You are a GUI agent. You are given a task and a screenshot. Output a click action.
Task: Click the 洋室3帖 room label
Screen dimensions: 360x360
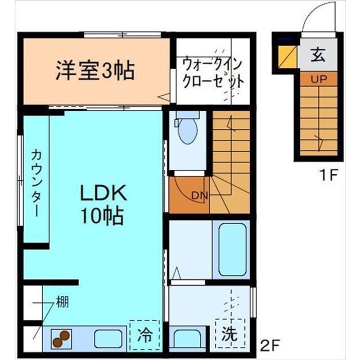pyautogui.click(x=95, y=70)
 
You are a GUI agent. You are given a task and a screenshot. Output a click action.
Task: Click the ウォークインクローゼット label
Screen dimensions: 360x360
pyautogui.click(x=213, y=72)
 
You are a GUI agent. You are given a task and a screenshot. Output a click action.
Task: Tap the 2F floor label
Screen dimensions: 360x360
pyautogui.click(x=270, y=345)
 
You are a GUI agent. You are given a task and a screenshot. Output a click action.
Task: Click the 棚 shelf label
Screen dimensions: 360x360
pyautogui.click(x=62, y=302)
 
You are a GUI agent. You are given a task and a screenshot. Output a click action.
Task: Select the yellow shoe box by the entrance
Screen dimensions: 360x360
pyautogui.click(x=286, y=55)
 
